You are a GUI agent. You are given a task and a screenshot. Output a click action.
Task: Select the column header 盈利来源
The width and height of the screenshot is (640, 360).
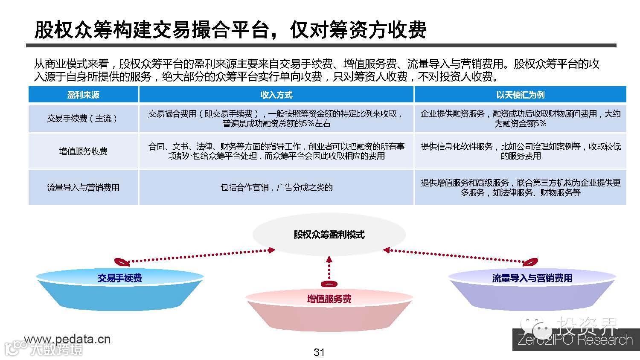(x=83, y=95)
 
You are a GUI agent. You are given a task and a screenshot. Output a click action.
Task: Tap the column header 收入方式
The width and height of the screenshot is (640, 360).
(x=276, y=95)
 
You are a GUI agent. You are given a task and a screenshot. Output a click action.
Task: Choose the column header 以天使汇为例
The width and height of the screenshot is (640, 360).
(x=520, y=95)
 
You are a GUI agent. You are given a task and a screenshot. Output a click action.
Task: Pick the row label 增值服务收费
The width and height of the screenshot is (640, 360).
(x=83, y=151)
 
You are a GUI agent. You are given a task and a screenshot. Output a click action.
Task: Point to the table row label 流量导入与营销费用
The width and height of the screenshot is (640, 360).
(x=83, y=187)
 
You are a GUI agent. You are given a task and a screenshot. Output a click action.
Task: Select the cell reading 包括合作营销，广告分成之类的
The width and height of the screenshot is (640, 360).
(x=276, y=187)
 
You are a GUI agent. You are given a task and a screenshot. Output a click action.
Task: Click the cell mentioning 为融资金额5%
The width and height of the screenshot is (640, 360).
(x=520, y=119)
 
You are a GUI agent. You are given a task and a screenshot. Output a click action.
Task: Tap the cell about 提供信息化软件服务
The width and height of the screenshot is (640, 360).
(x=520, y=151)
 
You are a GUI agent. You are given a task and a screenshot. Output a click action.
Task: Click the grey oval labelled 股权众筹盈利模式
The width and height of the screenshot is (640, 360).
(x=329, y=235)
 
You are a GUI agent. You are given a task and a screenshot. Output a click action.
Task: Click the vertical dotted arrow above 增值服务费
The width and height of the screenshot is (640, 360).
(x=329, y=269)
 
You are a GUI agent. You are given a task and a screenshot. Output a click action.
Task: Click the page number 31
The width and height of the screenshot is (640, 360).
(x=319, y=352)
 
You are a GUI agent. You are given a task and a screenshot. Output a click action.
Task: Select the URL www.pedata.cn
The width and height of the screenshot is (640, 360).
(x=67, y=340)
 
